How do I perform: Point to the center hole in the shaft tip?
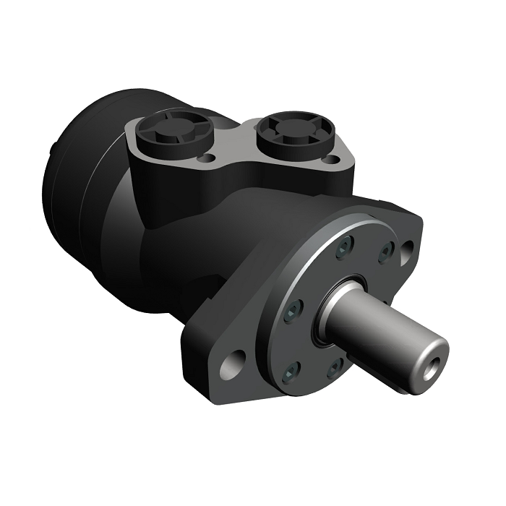pyautogui.click(x=432, y=359)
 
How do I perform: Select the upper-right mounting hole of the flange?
pyautogui.click(x=407, y=250)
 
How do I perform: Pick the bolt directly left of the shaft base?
pyautogui.click(x=292, y=312)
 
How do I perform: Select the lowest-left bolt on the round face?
pyautogui.click(x=291, y=372)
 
